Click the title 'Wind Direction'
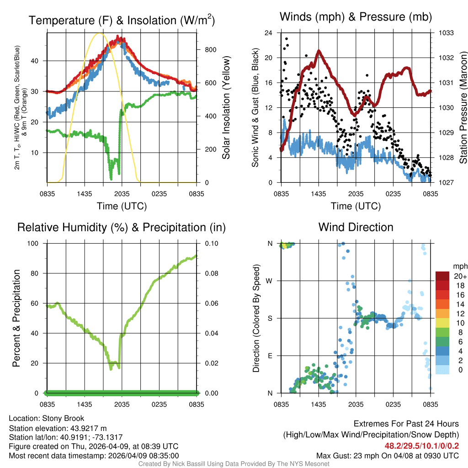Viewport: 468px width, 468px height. (356, 227)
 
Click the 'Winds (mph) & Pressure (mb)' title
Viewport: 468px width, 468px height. (356, 17)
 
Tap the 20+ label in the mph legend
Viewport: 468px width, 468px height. (459, 277)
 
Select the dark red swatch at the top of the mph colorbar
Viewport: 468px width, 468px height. (443, 276)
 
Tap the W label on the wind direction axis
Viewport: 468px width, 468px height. (270, 281)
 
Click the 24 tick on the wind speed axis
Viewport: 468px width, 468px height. (269, 33)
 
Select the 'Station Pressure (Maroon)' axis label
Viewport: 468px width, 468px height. (463, 108)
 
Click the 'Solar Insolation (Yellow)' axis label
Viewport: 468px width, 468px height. (226, 108)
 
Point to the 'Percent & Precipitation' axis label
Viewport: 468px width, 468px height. (16, 318)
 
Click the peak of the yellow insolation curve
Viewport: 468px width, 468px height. (100, 33)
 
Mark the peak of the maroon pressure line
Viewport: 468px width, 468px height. (319, 51)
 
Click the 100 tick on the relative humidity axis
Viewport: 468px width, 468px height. (37, 243)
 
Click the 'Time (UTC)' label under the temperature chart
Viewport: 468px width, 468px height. (122, 206)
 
